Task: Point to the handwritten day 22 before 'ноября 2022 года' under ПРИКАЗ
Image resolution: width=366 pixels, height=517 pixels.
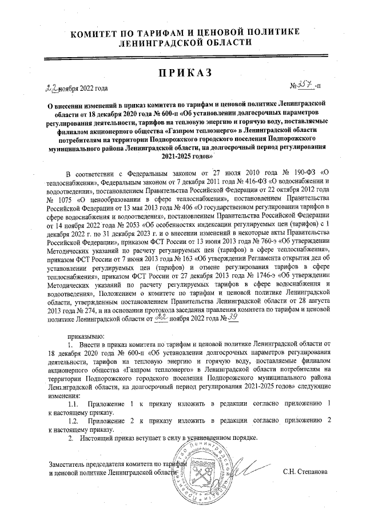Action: click(x=52, y=87)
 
